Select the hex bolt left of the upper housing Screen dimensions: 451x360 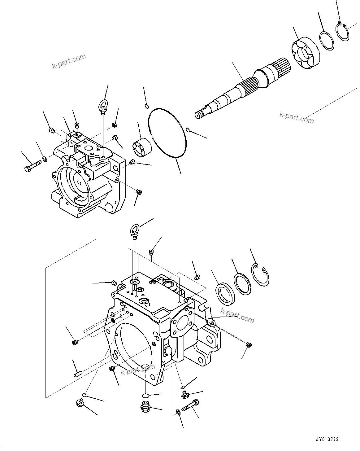pyautogui.click(x=32, y=165)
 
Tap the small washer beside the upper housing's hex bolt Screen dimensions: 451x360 pyautogui.click(x=45, y=159)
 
